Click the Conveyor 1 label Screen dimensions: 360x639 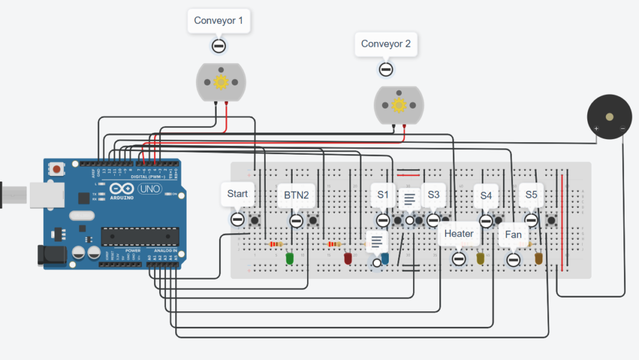[218, 21]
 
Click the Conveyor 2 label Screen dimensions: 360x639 [386, 44]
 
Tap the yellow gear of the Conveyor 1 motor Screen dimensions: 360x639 [221, 82]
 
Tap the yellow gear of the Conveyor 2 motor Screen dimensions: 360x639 [399, 105]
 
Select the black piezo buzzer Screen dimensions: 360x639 [609, 117]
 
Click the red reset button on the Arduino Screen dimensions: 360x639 [57, 168]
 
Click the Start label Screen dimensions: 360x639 [237, 194]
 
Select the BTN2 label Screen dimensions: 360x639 [296, 195]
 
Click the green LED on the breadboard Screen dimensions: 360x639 [290, 258]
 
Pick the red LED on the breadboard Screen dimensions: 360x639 [348, 258]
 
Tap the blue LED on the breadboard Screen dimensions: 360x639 [385, 258]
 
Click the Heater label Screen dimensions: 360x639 [459, 234]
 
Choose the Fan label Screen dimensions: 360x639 [513, 235]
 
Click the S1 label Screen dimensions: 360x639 [383, 195]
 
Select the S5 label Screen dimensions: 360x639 [531, 195]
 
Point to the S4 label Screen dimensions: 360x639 [486, 195]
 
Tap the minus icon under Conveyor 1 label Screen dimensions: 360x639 [218, 46]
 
